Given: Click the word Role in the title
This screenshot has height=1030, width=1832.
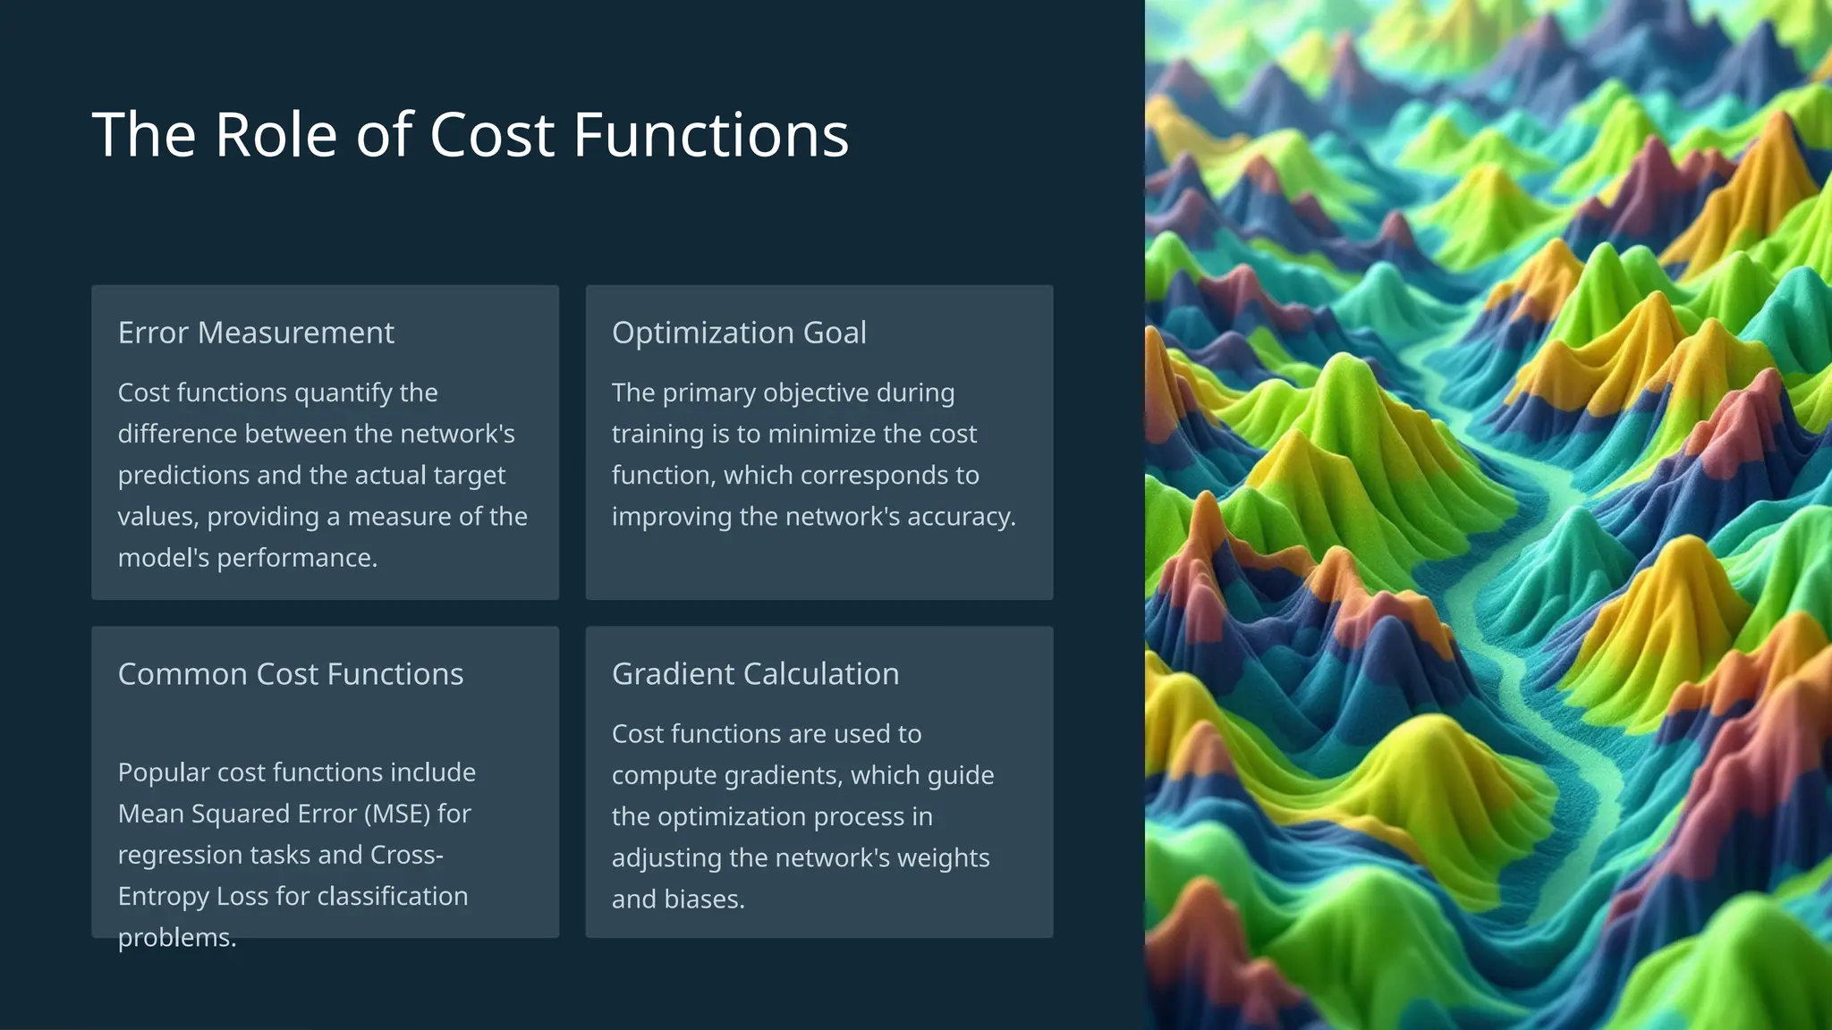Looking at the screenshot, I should [x=276, y=136].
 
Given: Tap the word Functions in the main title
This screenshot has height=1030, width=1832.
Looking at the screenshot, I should [x=710, y=136].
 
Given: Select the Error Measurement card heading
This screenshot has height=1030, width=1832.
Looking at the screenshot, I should [x=256, y=333].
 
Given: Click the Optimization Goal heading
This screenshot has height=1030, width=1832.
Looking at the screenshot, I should [x=739, y=333].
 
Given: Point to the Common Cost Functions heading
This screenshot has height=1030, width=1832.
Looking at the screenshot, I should [x=291, y=674].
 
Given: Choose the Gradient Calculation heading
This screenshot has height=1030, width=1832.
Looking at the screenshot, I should [x=755, y=674].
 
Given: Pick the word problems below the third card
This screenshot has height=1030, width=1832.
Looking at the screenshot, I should [x=176, y=938].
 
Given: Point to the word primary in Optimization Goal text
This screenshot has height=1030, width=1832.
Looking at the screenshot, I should [x=708, y=393].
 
